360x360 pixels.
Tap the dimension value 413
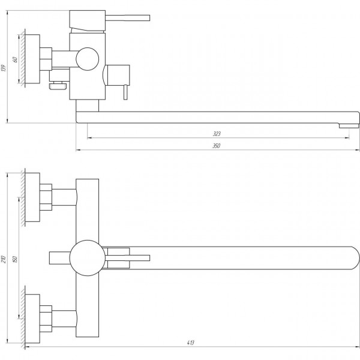pyautogui.click(x=190, y=343)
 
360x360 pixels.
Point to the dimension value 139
pyautogui.click(x=5, y=65)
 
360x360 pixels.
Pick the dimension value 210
pyautogui.click(x=5, y=259)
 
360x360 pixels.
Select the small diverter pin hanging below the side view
pyautogui.click(x=125, y=94)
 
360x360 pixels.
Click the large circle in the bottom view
pyautogui.click(x=87, y=259)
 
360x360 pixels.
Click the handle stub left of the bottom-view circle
pyautogui.click(x=59, y=259)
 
